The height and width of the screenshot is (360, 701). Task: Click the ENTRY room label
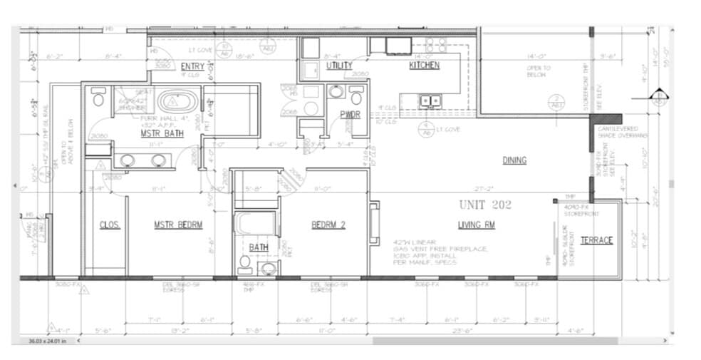click(x=192, y=66)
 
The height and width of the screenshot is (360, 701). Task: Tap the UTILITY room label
click(x=339, y=66)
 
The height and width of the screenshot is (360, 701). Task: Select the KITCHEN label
click(x=424, y=66)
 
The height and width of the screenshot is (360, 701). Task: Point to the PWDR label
click(x=349, y=113)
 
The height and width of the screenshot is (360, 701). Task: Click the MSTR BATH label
click(x=159, y=133)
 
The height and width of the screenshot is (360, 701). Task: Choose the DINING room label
click(x=514, y=160)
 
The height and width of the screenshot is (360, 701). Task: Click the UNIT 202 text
click(x=485, y=204)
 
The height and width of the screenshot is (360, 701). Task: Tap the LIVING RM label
click(x=476, y=225)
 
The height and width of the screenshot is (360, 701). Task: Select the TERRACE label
click(x=596, y=240)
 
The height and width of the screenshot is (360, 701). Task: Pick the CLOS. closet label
click(x=110, y=225)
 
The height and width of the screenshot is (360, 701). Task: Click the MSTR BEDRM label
click(x=178, y=225)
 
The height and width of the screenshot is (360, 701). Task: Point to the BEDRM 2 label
click(x=328, y=225)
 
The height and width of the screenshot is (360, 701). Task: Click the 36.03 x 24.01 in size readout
click(x=46, y=340)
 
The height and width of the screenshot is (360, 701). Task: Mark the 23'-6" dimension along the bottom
click(x=464, y=331)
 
